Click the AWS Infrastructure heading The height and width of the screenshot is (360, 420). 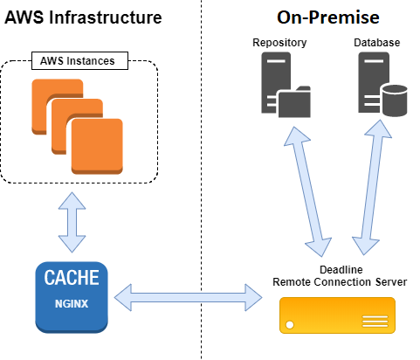point(83,17)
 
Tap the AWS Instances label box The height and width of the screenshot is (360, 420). point(79,61)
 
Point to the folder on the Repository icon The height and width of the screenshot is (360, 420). point(293,100)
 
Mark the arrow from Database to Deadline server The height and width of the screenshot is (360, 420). point(369,182)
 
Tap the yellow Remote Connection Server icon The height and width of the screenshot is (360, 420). point(337,315)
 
